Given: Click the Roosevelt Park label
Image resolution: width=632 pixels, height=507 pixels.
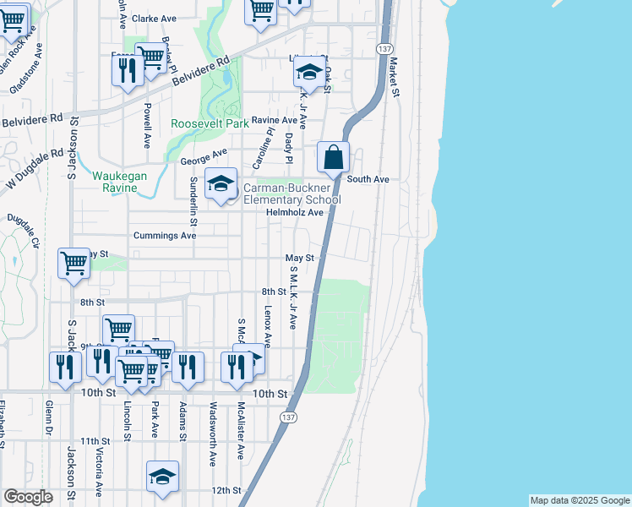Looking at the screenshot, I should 210,123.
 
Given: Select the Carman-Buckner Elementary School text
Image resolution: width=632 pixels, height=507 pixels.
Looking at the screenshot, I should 291,194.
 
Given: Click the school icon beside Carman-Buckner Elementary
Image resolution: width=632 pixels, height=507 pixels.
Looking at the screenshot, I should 221,184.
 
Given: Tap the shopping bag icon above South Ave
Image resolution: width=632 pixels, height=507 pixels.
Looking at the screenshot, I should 334,157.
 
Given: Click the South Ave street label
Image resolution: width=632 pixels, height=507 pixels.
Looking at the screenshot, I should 368,179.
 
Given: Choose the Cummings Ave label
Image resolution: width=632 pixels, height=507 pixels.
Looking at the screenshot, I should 164,236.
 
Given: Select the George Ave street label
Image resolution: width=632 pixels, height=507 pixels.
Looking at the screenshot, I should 204,157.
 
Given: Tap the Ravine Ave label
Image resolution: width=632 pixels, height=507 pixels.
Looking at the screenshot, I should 270,120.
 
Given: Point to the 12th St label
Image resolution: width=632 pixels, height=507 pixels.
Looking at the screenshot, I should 226,490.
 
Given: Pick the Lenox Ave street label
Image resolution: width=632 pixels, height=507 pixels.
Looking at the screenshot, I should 267,326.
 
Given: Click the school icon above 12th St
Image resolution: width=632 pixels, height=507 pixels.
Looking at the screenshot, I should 162,477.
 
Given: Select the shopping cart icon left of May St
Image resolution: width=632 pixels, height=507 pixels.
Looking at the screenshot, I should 74,263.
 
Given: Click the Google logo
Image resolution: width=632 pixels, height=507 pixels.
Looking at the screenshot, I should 28,497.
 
